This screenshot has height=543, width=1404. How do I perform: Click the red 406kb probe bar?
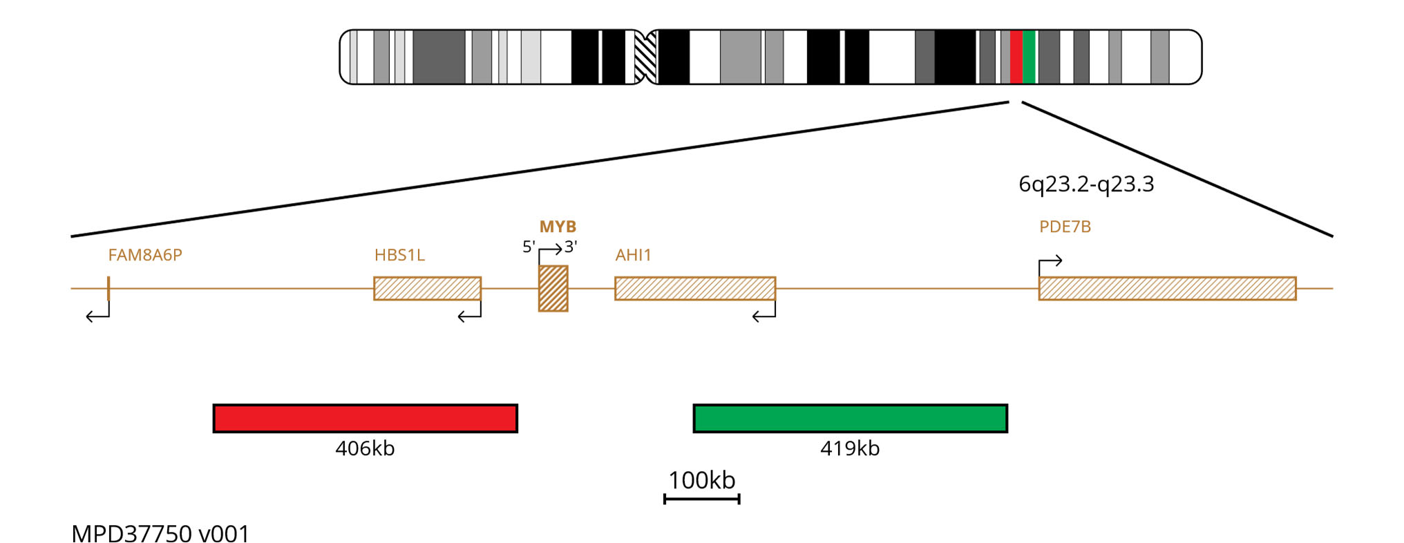pyautogui.click(x=365, y=419)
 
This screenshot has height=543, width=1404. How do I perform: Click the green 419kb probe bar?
pyautogui.click(x=850, y=419)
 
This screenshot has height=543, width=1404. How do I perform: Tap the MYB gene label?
pyautogui.click(x=558, y=227)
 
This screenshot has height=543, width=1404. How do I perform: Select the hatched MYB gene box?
pyautogui.click(x=553, y=289)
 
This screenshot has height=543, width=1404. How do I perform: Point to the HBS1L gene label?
pyautogui.click(x=399, y=255)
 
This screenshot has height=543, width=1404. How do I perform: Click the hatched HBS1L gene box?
pyautogui.click(x=427, y=289)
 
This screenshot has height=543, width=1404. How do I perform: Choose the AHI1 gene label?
pyautogui.click(x=633, y=255)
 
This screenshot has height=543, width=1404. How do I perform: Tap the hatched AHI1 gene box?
pyautogui.click(x=695, y=289)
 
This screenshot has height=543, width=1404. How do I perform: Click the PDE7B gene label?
pyautogui.click(x=1065, y=227)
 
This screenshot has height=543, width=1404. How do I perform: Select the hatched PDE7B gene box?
pyautogui.click(x=1167, y=289)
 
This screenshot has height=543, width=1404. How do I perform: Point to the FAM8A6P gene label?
pyautogui.click(x=145, y=255)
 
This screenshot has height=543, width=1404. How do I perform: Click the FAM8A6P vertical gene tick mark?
pyautogui.click(x=108, y=288)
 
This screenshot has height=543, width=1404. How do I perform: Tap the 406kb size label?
pyautogui.click(x=365, y=448)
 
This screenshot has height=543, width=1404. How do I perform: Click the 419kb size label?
pyautogui.click(x=850, y=448)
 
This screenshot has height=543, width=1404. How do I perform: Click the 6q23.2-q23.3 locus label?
pyautogui.click(x=1086, y=184)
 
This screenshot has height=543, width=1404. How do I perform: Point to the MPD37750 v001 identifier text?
pyautogui.click(x=160, y=533)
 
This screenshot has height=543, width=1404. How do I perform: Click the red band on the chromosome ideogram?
pyautogui.click(x=1016, y=57)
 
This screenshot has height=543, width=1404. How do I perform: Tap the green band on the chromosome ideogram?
pyautogui.click(x=1029, y=57)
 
